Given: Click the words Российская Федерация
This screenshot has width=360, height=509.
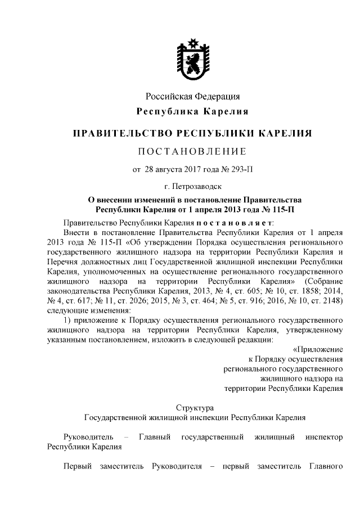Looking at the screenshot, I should click(x=192, y=97).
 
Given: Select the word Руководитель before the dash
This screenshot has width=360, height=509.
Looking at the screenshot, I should click(x=89, y=436).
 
